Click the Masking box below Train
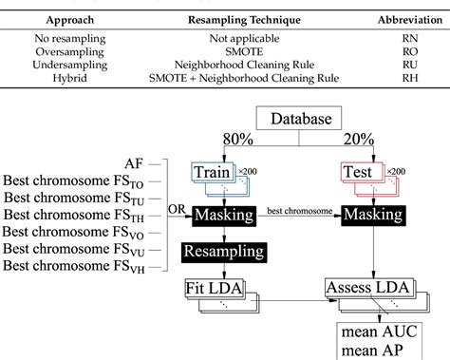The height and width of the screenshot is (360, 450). [x=222, y=216]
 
